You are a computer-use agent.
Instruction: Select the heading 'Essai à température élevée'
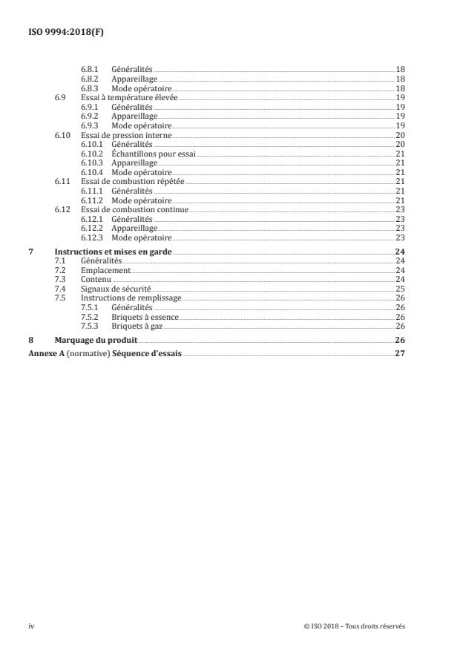pos(130,97)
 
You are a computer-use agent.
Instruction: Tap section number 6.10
pos(62,135)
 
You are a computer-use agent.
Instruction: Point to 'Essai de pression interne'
pos(125,135)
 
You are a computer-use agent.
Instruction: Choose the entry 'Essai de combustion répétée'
pos(132,182)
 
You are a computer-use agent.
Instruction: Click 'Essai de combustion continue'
pos(134,210)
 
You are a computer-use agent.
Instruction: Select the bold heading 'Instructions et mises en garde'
pos(114,252)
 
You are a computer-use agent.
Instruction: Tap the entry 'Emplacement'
pos(100,271)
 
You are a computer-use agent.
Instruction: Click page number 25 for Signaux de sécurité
pos(400,289)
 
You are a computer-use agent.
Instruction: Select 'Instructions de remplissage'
pos(120,298)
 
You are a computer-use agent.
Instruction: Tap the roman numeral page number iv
pos(32,626)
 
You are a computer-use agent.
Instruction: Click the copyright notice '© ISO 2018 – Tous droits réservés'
pos(355,626)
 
